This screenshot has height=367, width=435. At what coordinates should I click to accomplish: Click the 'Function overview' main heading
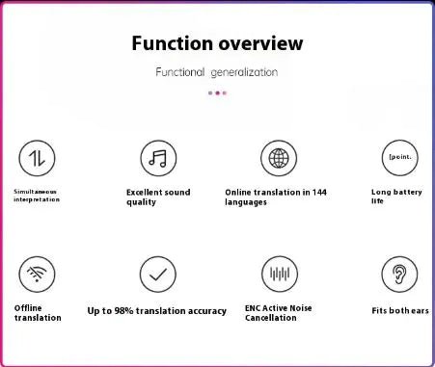[217, 43]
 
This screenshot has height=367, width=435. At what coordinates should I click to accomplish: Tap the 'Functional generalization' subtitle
[217, 72]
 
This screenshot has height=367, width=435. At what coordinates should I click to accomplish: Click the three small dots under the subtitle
[217, 93]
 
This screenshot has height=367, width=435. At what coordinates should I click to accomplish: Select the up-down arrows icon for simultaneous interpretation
[38, 157]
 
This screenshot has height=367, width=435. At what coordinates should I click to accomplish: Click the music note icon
[158, 157]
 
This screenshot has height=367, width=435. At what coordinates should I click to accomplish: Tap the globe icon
[279, 157]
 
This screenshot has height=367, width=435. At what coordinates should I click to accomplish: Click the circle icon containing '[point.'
[399, 157]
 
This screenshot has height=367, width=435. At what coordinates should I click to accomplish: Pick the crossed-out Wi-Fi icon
[38, 274]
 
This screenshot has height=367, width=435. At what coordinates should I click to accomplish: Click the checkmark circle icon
[158, 274]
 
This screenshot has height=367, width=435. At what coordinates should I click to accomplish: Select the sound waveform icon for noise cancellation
[279, 274]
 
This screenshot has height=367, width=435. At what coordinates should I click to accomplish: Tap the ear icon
[399, 274]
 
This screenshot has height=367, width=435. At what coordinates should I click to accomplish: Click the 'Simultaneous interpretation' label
[36, 195]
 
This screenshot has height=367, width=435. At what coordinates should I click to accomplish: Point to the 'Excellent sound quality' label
[158, 197]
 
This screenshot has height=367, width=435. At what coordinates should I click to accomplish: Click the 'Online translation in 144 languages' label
[275, 197]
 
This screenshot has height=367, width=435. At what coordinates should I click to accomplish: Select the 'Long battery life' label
[395, 197]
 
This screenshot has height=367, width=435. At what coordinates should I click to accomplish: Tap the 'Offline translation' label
[39, 312]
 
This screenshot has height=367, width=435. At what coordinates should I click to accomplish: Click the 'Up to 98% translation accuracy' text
[157, 311]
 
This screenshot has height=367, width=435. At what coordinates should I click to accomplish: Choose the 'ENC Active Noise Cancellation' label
[279, 312]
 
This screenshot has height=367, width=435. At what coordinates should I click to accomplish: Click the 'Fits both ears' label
[400, 311]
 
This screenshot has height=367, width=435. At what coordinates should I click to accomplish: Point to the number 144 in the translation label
[318, 192]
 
